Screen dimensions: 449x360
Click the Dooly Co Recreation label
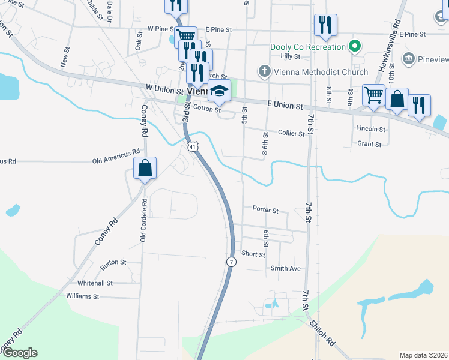308,47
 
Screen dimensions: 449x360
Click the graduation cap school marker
219,92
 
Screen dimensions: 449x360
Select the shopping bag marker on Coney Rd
145,169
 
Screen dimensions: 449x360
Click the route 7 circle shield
231,262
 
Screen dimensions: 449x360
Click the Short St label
253,254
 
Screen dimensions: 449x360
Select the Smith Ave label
285,268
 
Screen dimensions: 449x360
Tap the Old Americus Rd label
116,161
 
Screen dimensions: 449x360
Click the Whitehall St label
95,283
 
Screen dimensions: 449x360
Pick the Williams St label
82,296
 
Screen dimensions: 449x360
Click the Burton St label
113,262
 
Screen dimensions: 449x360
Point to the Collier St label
291,133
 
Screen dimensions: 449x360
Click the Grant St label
369,144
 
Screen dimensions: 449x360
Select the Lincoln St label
370,129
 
